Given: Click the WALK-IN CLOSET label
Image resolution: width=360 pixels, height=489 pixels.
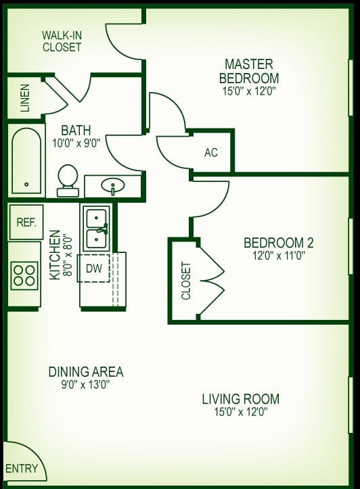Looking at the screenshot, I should (62, 41).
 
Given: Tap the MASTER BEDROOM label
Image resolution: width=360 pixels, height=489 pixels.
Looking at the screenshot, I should (249, 70).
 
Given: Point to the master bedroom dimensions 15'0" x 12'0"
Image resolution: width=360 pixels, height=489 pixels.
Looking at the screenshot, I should (249, 90).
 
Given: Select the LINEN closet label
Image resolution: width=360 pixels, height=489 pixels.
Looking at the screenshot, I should (25, 97).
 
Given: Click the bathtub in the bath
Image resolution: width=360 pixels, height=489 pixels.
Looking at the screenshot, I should (26, 160).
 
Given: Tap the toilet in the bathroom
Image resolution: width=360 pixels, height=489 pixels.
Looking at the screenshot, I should (68, 180).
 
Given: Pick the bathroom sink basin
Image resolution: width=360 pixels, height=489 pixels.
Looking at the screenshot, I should (112, 185).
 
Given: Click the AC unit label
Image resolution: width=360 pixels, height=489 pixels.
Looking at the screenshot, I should (211, 153).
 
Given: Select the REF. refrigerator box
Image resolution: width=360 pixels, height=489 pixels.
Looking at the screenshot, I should (26, 222).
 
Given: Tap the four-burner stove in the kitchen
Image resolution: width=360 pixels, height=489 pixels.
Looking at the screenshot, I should (25, 274).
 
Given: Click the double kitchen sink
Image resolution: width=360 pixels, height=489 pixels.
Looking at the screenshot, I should (97, 228).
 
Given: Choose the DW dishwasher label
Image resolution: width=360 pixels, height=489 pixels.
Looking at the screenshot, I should (95, 269).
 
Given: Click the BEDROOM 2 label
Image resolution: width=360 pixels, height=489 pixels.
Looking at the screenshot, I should (278, 243).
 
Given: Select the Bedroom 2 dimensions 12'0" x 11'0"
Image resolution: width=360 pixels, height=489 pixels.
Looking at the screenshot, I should (278, 256).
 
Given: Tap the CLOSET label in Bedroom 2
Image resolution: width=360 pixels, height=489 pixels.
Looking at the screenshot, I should (186, 281).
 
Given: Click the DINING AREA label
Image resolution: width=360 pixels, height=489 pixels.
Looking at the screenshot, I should (85, 372).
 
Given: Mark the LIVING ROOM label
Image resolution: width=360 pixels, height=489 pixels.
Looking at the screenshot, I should (240, 398).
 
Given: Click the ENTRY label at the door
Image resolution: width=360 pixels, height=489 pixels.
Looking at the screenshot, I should (21, 469).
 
